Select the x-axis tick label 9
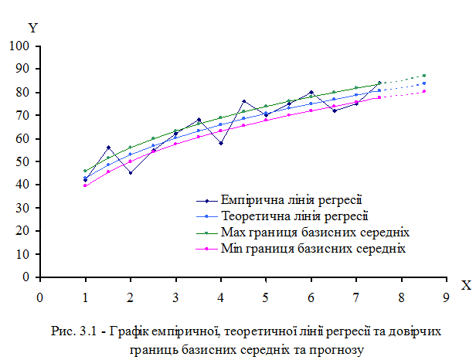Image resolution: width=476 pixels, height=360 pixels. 446,296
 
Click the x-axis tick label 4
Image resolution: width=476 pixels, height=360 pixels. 220,296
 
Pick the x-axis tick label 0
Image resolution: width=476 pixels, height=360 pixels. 39,296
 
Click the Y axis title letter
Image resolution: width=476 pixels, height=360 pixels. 32,28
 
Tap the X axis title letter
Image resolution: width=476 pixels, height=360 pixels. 466,285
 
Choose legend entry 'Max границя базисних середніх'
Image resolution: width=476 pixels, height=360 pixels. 304,232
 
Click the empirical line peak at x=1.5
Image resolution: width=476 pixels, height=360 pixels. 108,148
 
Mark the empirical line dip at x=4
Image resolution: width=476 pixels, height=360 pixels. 221,143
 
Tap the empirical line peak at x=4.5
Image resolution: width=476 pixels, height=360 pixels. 243,101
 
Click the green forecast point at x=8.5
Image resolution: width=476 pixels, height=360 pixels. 423,76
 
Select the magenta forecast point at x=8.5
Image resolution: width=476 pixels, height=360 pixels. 423,91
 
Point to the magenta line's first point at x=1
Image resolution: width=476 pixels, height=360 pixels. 85,185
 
